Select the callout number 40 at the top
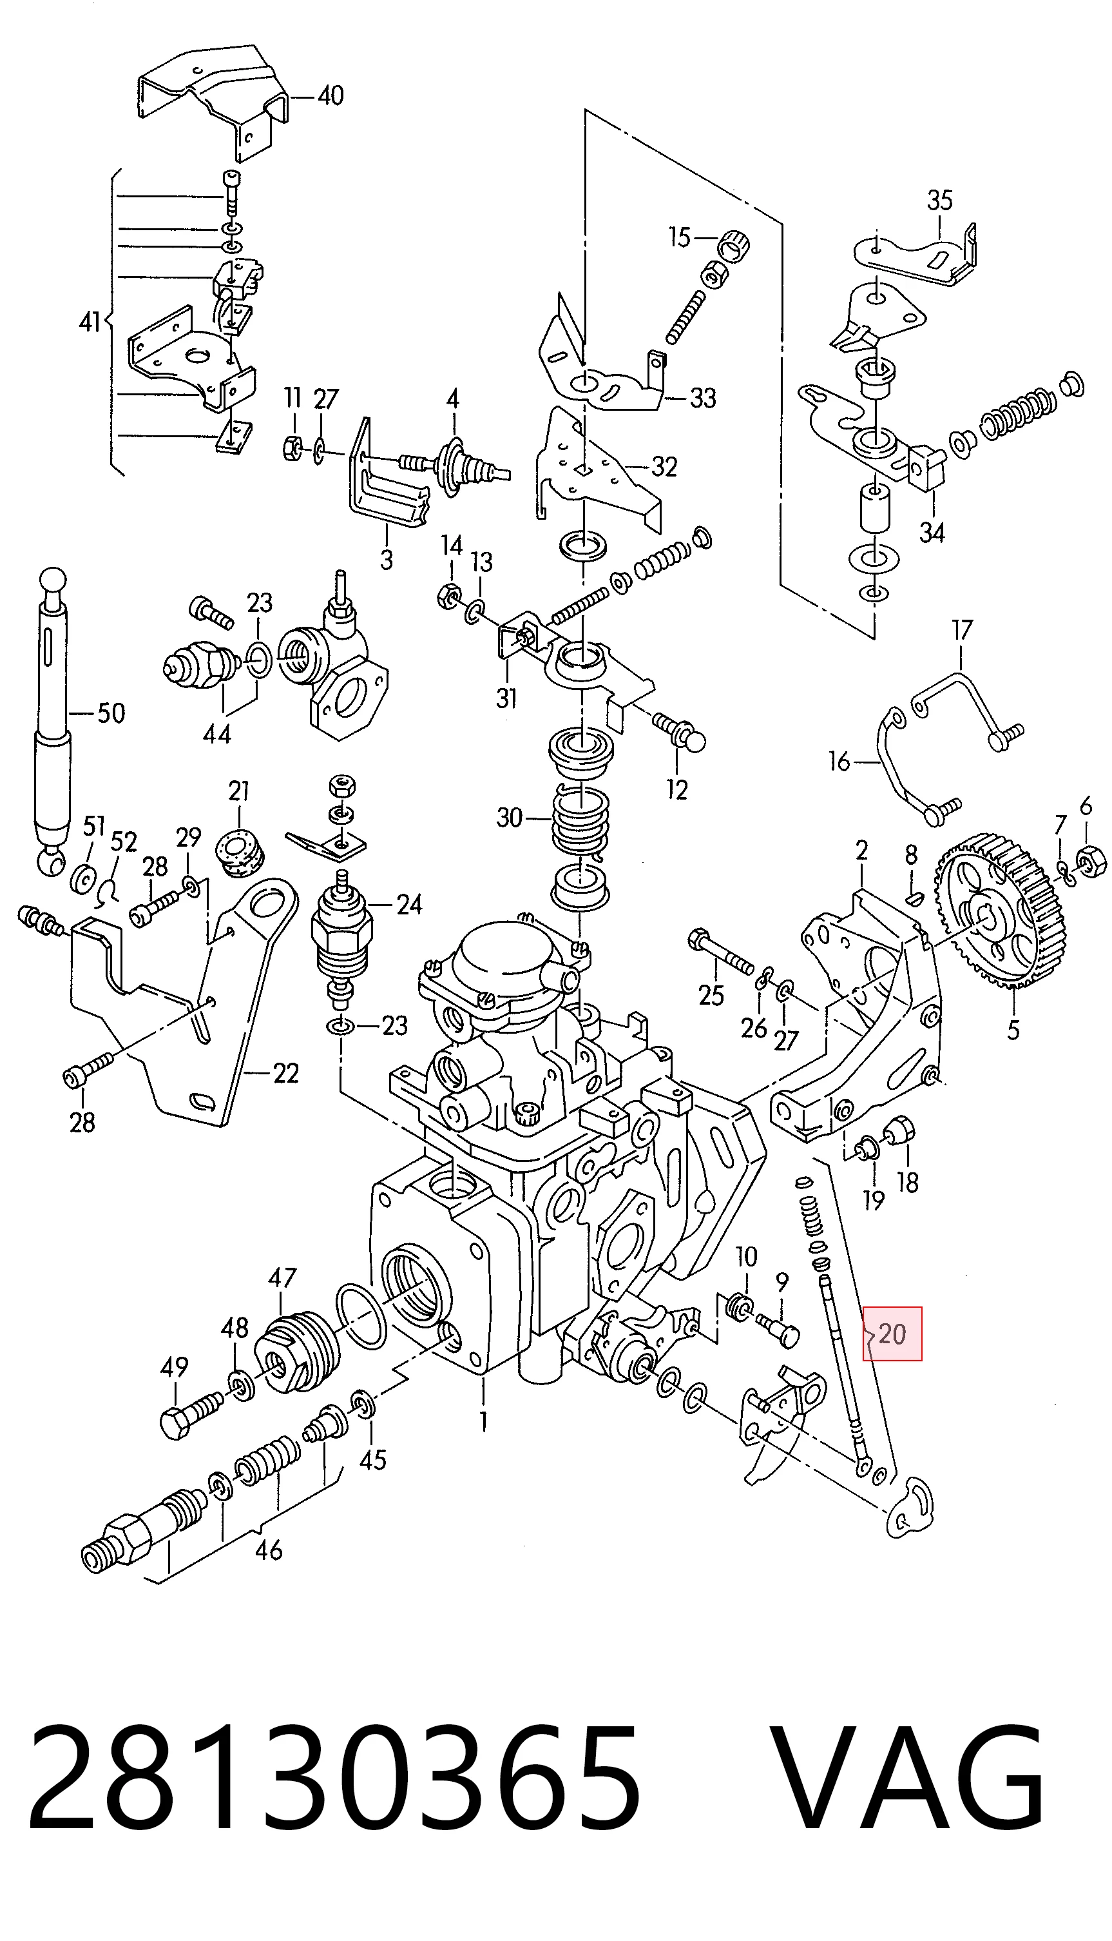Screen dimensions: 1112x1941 330,95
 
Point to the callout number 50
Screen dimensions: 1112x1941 111,714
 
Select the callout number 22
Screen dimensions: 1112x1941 285,1074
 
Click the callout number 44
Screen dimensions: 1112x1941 217,734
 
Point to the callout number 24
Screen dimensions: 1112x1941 409,905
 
